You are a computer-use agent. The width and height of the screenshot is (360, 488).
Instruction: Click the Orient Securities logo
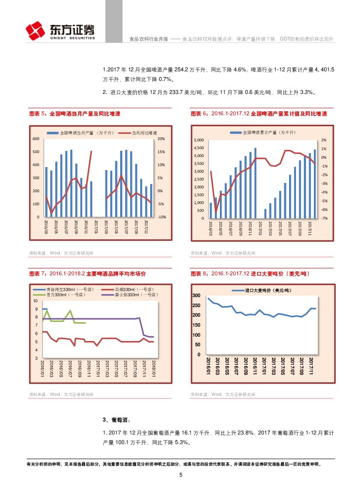tap(60, 30)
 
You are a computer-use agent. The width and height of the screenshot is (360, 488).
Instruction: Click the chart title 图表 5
tap(74, 114)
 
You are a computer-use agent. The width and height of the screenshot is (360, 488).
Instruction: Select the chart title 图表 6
tap(259, 114)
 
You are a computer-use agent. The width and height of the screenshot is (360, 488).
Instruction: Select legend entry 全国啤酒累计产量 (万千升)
tap(265, 132)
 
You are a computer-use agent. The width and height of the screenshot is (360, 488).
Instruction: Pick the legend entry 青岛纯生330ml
tap(66, 289)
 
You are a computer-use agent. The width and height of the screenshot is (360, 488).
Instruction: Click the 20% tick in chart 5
tap(161, 139)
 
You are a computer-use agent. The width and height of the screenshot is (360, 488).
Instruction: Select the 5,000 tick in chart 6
tap(199, 140)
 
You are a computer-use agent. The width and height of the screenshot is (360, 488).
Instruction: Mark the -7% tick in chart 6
tap(324, 218)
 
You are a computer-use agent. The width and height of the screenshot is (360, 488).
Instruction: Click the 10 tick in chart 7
tap(36, 301)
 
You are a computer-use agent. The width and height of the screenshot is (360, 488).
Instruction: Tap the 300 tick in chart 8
tap(196, 296)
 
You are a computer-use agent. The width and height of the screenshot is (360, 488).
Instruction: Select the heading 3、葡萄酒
tap(116, 420)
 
